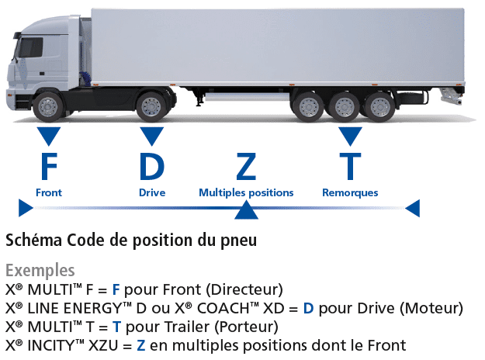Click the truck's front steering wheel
click(x=47, y=107)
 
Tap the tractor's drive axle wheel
click(x=151, y=107)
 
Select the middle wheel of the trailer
click(x=344, y=107)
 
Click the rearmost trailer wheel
click(x=379, y=107)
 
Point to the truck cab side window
click(x=30, y=47)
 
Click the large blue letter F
click(x=49, y=166)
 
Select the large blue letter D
click(x=151, y=166)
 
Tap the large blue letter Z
click(x=246, y=166)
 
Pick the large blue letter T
click(x=350, y=166)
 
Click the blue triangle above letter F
click(x=49, y=136)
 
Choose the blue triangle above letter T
click(x=350, y=136)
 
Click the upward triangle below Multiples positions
click(x=246, y=210)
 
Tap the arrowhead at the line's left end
click(x=26, y=208)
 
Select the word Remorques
click(x=350, y=192)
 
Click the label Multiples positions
click(x=246, y=192)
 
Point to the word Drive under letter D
click(x=152, y=192)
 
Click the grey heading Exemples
click(x=40, y=271)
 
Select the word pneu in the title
click(x=238, y=241)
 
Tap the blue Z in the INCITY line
click(x=140, y=345)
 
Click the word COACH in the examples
click(x=224, y=308)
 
